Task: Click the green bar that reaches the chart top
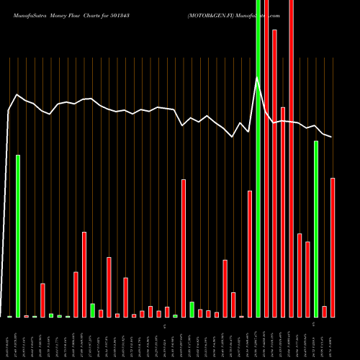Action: click(x=258, y=158)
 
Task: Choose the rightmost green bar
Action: click(x=315, y=228)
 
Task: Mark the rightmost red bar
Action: click(x=333, y=247)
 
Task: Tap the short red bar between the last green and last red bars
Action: click(x=324, y=311)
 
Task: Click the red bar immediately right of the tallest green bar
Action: click(x=266, y=158)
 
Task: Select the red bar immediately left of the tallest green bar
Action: click(x=250, y=253)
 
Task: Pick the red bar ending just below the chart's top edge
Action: click(x=274, y=173)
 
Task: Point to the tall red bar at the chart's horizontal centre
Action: click(x=184, y=248)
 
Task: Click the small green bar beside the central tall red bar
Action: click(x=192, y=309)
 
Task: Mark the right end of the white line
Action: click(x=332, y=137)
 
